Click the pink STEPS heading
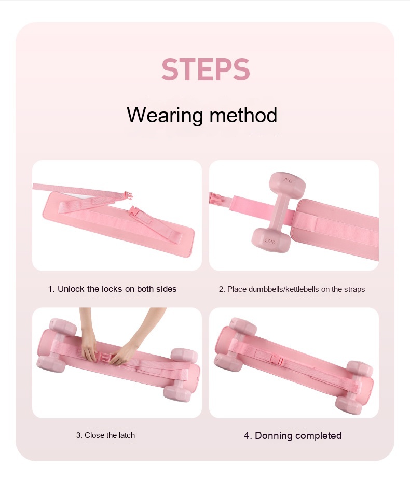tap(206, 69)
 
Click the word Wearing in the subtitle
tap(165, 116)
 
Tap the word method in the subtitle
tap(243, 115)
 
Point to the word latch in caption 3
tap(125, 435)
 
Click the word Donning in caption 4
tap(274, 436)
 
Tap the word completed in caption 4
tap(318, 436)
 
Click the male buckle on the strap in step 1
tap(128, 195)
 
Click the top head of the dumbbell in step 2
tap(287, 184)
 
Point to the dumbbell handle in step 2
tap(280, 212)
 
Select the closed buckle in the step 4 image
tap(275, 359)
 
